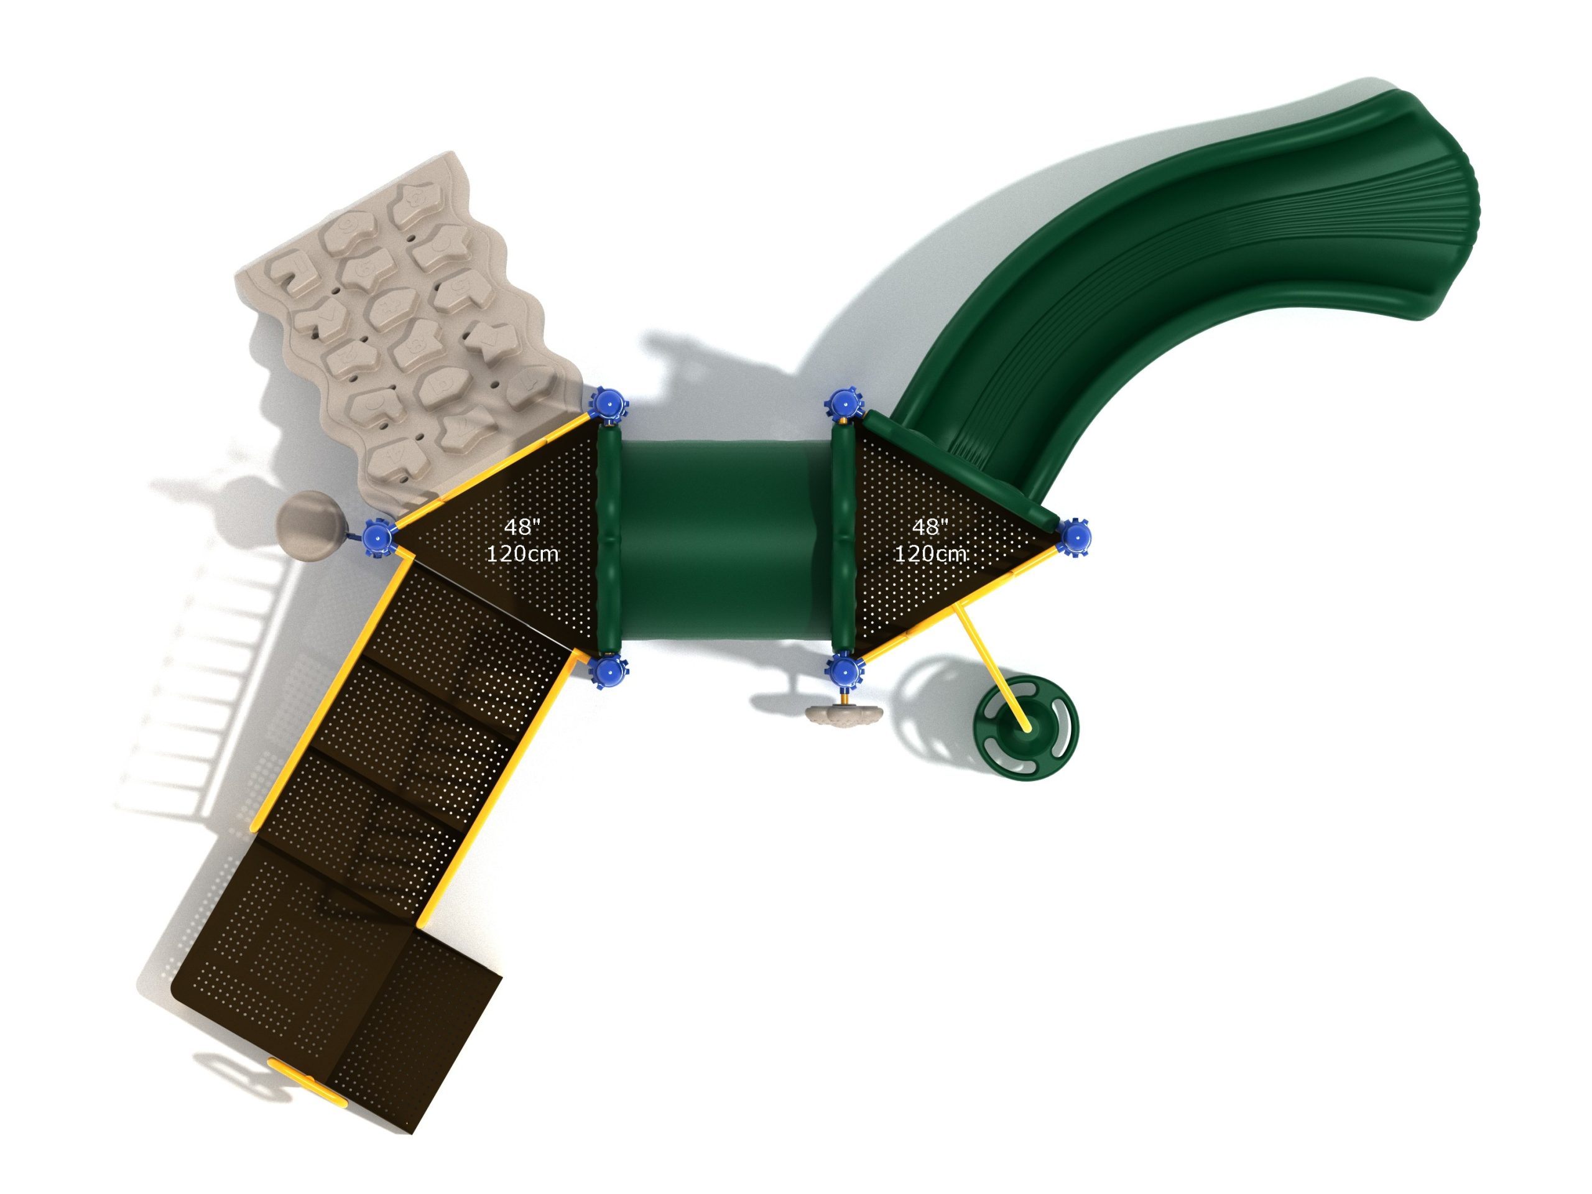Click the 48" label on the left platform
(522, 527)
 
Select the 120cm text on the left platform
(522, 553)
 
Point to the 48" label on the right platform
(930, 527)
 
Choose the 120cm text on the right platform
(930, 553)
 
